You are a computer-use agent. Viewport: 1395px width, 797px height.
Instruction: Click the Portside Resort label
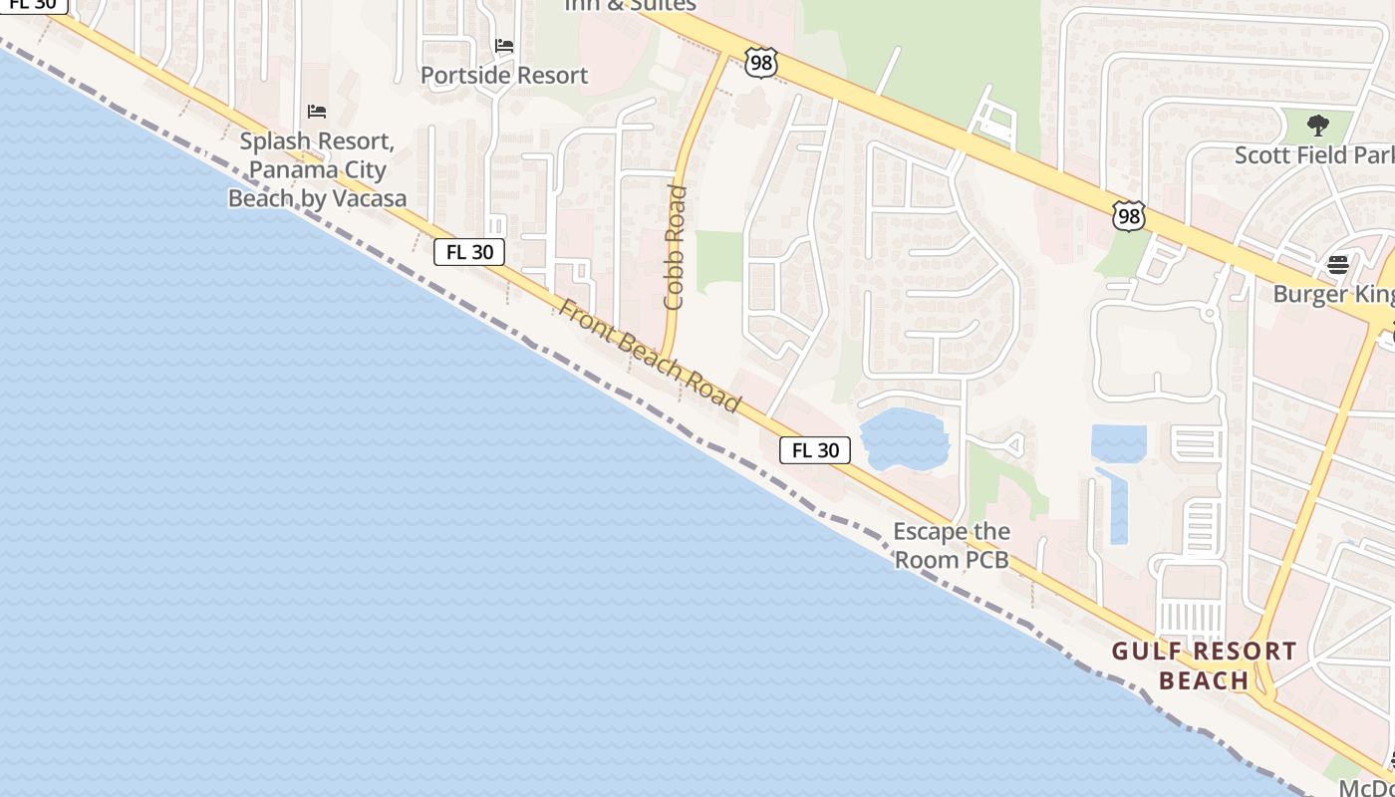pos(503,75)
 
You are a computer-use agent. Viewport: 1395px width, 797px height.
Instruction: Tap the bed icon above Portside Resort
pos(504,46)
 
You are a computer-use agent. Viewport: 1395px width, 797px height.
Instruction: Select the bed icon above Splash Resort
pos(317,111)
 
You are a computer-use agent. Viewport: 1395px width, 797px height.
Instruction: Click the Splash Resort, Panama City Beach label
pos(317,169)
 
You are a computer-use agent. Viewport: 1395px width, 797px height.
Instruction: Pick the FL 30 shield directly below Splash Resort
pos(469,252)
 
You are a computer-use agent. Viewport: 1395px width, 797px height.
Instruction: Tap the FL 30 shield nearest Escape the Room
pos(815,450)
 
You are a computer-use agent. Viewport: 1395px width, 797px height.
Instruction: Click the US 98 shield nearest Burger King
pos(1129,215)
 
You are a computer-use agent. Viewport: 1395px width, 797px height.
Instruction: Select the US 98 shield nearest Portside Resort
pos(760,64)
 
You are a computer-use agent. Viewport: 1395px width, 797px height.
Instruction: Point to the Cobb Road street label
pos(676,247)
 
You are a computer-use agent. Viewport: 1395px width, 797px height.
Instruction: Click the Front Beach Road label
pos(650,356)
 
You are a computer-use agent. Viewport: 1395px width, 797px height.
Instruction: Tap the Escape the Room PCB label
pos(952,545)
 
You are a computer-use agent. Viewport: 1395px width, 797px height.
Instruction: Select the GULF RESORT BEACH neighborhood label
pos(1204,665)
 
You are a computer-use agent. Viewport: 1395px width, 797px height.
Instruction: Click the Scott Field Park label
pos(1313,155)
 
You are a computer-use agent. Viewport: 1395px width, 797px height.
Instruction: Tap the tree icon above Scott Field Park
pos(1318,126)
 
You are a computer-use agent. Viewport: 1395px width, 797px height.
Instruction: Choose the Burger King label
pos(1333,294)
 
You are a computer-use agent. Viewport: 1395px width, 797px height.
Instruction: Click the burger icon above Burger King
pos(1337,265)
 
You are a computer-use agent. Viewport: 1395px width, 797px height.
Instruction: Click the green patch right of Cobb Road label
pos(718,261)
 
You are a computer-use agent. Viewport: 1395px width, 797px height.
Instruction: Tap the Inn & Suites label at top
pos(631,5)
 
